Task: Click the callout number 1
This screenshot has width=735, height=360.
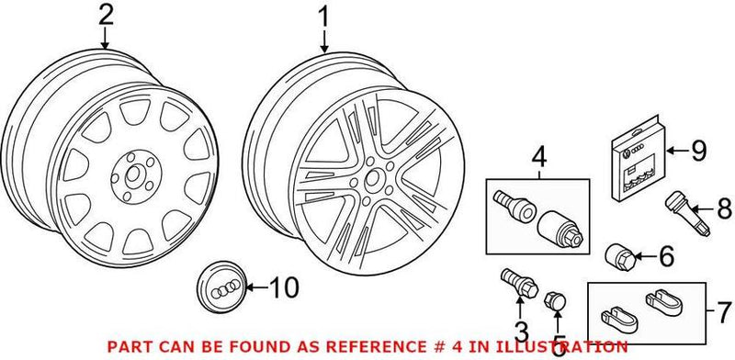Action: pos(323,16)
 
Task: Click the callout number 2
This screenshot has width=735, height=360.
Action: pos(106,16)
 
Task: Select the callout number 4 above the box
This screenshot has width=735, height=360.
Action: pos(538,156)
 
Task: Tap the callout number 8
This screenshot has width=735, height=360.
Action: pos(723,210)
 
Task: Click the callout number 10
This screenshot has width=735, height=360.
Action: pos(285,288)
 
